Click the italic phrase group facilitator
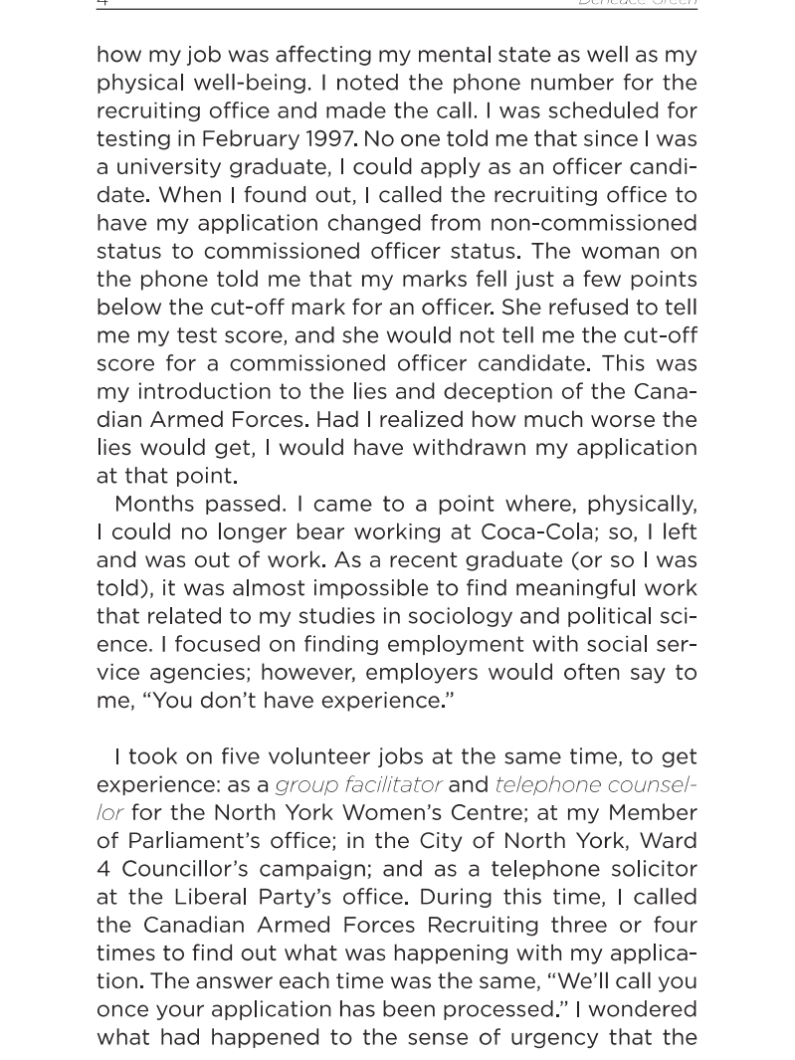pos(358,784)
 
